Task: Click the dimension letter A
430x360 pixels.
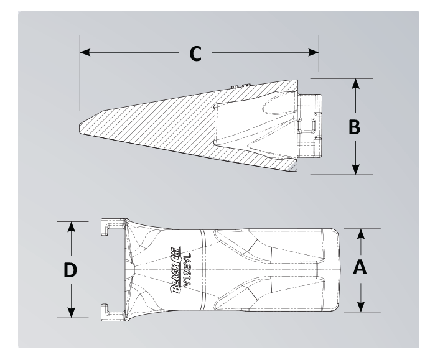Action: click(x=360, y=269)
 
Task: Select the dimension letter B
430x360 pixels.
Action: click(x=353, y=127)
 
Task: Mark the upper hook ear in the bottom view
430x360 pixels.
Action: click(x=111, y=225)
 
